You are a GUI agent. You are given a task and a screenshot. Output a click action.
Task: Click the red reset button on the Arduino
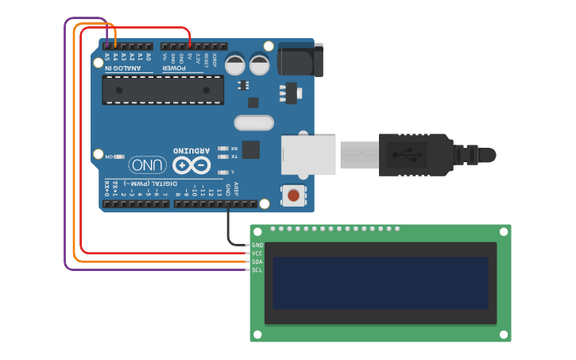pos(294,195)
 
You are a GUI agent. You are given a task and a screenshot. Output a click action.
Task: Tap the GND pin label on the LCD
pos(257,245)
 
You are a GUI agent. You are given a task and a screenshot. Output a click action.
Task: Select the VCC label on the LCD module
pos(257,254)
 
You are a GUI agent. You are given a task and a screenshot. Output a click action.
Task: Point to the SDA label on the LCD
pos(257,261)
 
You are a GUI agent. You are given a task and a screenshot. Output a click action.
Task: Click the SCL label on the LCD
pos(257,270)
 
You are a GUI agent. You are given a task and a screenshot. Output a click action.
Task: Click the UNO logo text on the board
pos(148,165)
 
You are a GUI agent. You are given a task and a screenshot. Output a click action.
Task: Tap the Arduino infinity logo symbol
pos(191,165)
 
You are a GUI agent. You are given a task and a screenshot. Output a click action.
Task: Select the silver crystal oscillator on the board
pos(253,122)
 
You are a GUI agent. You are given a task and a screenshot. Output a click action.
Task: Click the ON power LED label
pos(110,157)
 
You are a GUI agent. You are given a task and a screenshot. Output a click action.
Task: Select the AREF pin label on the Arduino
pos(236,189)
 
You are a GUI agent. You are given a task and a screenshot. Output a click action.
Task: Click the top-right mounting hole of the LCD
pos(503,231)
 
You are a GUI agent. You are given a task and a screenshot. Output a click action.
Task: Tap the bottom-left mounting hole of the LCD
pos(257,332)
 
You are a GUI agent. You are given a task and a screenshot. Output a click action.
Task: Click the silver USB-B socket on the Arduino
pos(308,154)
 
